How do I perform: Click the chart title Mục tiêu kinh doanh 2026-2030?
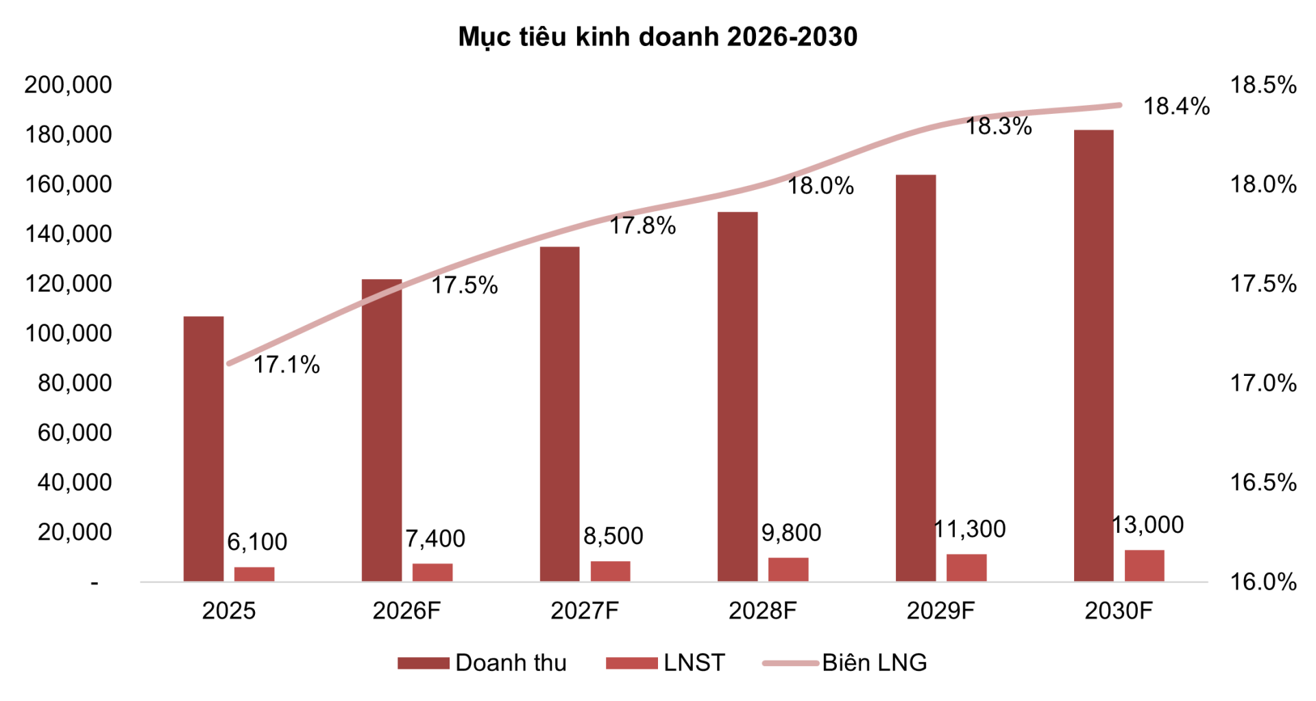[657, 37]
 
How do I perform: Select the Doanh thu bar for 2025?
[204, 449]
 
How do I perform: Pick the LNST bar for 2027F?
[610, 571]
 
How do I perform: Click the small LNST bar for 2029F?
[966, 568]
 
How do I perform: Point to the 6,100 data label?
[257, 543]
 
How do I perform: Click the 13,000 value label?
[1147, 525]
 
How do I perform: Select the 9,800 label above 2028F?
[791, 533]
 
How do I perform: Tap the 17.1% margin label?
[287, 365]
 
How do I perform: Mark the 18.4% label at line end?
[1176, 107]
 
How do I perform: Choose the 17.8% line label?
[642, 226]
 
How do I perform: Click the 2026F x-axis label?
[406, 610]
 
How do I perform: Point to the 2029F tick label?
[940, 610]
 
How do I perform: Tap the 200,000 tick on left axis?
[68, 85]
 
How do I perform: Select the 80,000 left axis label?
[75, 383]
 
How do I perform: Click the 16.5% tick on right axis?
[1263, 483]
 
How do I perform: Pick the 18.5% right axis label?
[1263, 86]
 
